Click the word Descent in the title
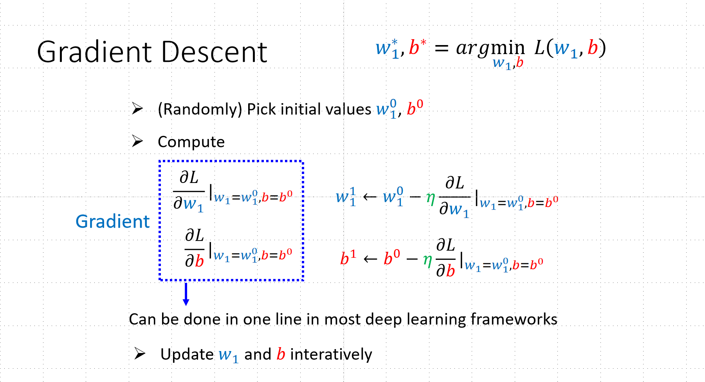tap(214, 52)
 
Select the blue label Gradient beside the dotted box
tap(112, 221)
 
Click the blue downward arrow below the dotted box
tap(186, 294)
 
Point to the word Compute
tap(191, 142)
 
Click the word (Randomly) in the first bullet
tap(200, 109)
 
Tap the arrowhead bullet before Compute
tap(137, 141)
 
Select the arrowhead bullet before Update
tap(140, 353)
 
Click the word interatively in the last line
tap(331, 354)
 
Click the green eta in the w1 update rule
tap(430, 198)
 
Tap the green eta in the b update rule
tap(427, 259)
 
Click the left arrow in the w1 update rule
tap(370, 197)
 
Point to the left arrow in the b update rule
tap(370, 259)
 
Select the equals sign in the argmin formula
tap(441, 49)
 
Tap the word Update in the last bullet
tap(187, 354)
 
